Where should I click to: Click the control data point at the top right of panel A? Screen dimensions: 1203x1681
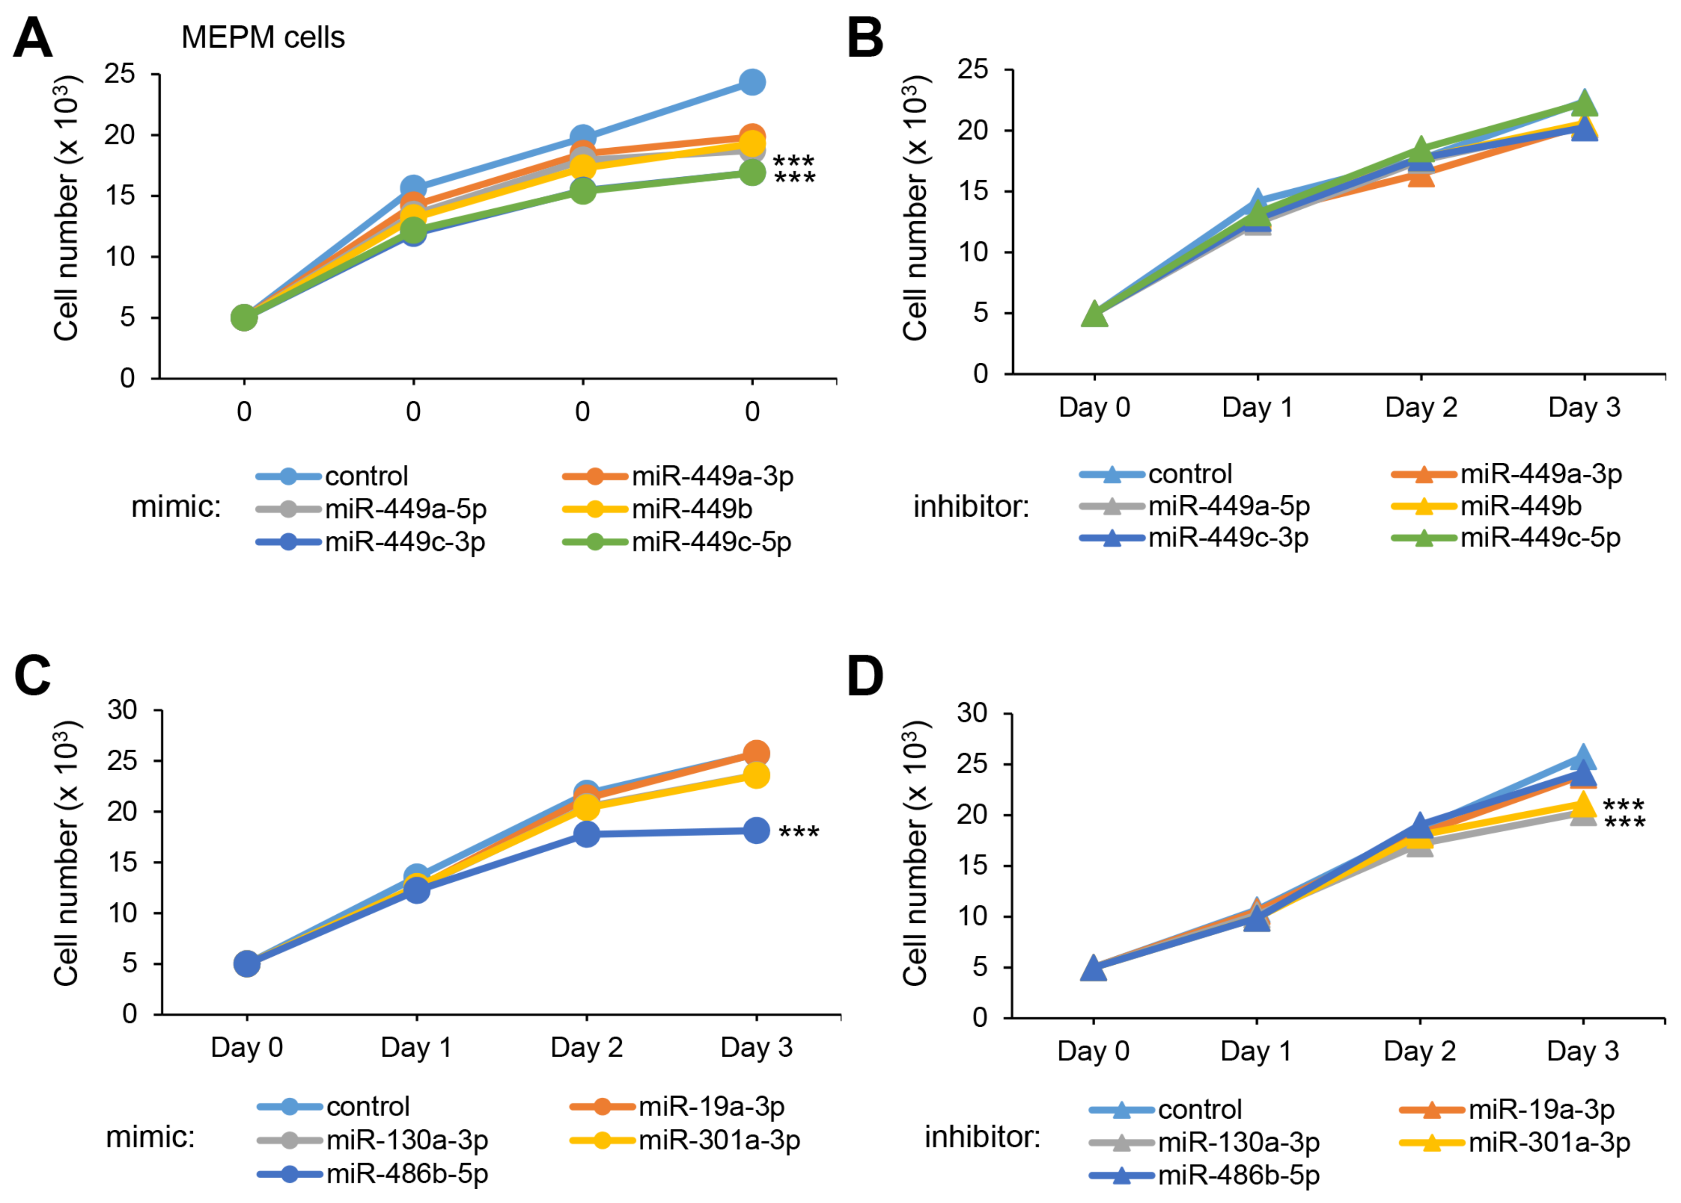pyautogui.click(x=752, y=82)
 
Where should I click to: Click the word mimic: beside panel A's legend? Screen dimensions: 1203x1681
pyautogui.click(x=176, y=507)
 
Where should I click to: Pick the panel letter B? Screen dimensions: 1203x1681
pyautogui.click(x=865, y=38)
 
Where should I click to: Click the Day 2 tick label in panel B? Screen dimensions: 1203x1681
pyautogui.click(x=1421, y=407)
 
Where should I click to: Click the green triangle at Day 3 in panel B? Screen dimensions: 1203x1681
pyautogui.click(x=1585, y=104)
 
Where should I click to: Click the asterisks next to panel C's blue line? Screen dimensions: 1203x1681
pyautogui.click(x=799, y=833)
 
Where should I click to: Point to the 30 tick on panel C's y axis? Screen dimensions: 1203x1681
pyautogui.click(x=122, y=709)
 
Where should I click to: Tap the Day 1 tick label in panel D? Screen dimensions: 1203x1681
pyautogui.click(x=1256, y=1050)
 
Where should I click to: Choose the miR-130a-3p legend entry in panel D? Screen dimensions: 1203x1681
pyautogui.click(x=1238, y=1142)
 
